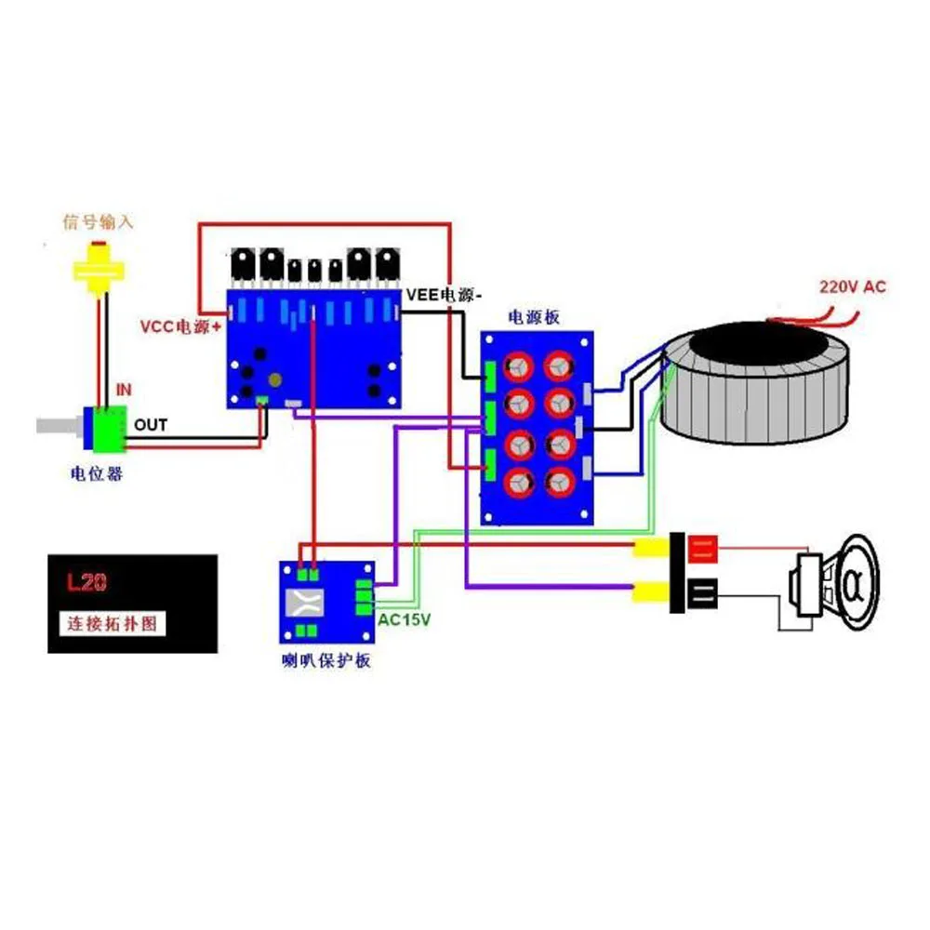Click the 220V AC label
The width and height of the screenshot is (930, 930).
tap(852, 287)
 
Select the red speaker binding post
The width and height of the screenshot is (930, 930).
tap(701, 548)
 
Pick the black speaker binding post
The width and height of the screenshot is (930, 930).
tap(701, 591)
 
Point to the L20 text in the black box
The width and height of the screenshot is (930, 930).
tap(86, 584)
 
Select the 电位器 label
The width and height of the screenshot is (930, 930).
tap(97, 473)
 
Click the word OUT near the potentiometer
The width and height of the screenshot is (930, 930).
tap(152, 425)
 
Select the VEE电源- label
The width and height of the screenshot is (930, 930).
tap(445, 295)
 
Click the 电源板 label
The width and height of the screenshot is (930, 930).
tap(533, 317)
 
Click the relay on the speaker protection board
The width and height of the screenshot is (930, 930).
tap(310, 603)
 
